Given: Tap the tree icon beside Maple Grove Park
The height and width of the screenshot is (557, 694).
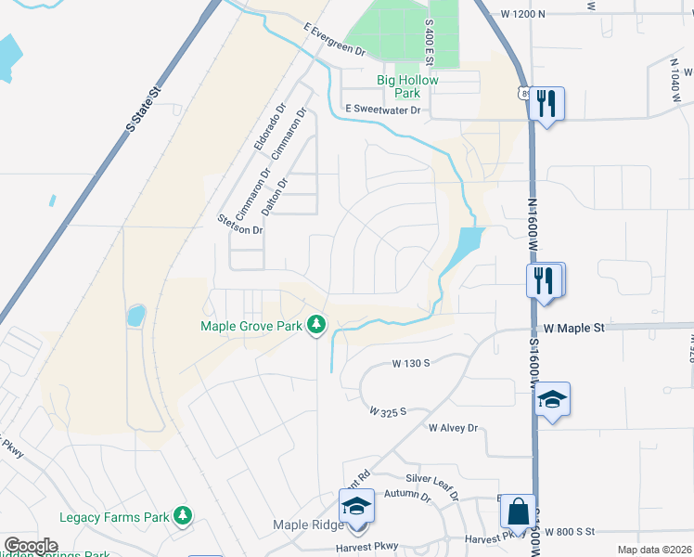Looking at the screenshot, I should pos(317,324).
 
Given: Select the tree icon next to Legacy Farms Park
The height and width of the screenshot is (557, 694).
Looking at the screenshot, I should pos(184,515).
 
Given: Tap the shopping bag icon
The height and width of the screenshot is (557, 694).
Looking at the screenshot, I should pos(518,511).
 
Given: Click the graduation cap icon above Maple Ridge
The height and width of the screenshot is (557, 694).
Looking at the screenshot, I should pos(356,506).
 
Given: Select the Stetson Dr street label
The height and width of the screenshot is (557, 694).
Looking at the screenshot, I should pos(239,224).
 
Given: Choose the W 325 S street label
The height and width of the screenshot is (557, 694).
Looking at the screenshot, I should pos(388,410).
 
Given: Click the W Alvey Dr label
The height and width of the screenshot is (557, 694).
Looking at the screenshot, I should pos(452,428).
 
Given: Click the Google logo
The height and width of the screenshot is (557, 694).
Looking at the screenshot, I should pos(31,546).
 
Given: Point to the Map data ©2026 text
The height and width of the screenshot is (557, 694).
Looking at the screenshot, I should pos(654,550).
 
